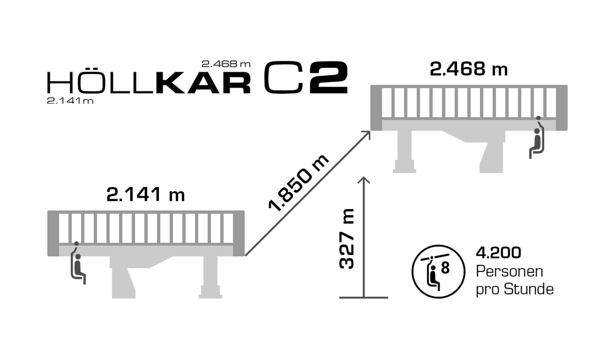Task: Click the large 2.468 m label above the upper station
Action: pyautogui.click(x=469, y=69)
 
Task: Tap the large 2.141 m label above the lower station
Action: pyautogui.click(x=145, y=195)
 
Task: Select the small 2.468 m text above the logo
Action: pyautogui.click(x=226, y=64)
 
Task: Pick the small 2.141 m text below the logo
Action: pyautogui.click(x=70, y=101)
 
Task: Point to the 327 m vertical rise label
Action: pyautogui.click(x=347, y=239)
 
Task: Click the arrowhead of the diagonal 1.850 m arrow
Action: pyautogui.click(x=366, y=134)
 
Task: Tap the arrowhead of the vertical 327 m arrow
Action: pyautogui.click(x=364, y=180)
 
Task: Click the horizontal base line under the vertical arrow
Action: pyautogui.click(x=363, y=298)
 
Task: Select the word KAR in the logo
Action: pyautogui.click(x=203, y=83)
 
